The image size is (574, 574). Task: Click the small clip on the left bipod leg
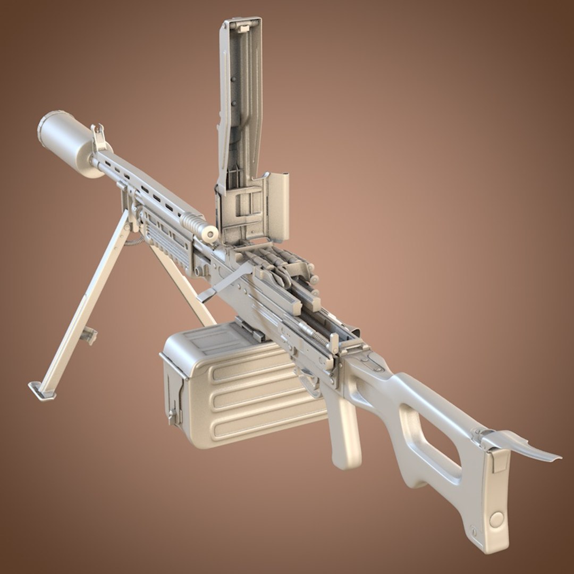click(88, 334)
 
